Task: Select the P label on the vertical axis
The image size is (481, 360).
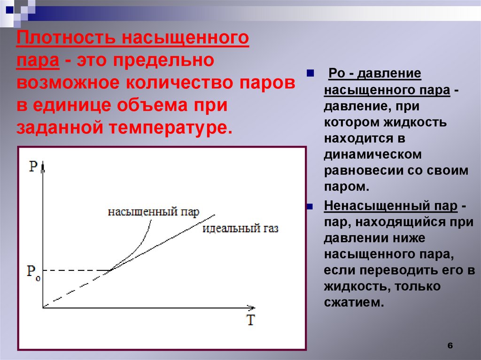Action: (33, 167)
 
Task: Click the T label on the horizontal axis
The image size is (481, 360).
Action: (251, 321)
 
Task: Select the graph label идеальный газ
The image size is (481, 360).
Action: (240, 229)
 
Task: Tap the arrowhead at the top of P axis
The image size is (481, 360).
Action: (43, 166)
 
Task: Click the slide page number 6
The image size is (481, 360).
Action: (450, 345)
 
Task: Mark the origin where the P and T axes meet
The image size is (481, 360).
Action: (43, 307)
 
